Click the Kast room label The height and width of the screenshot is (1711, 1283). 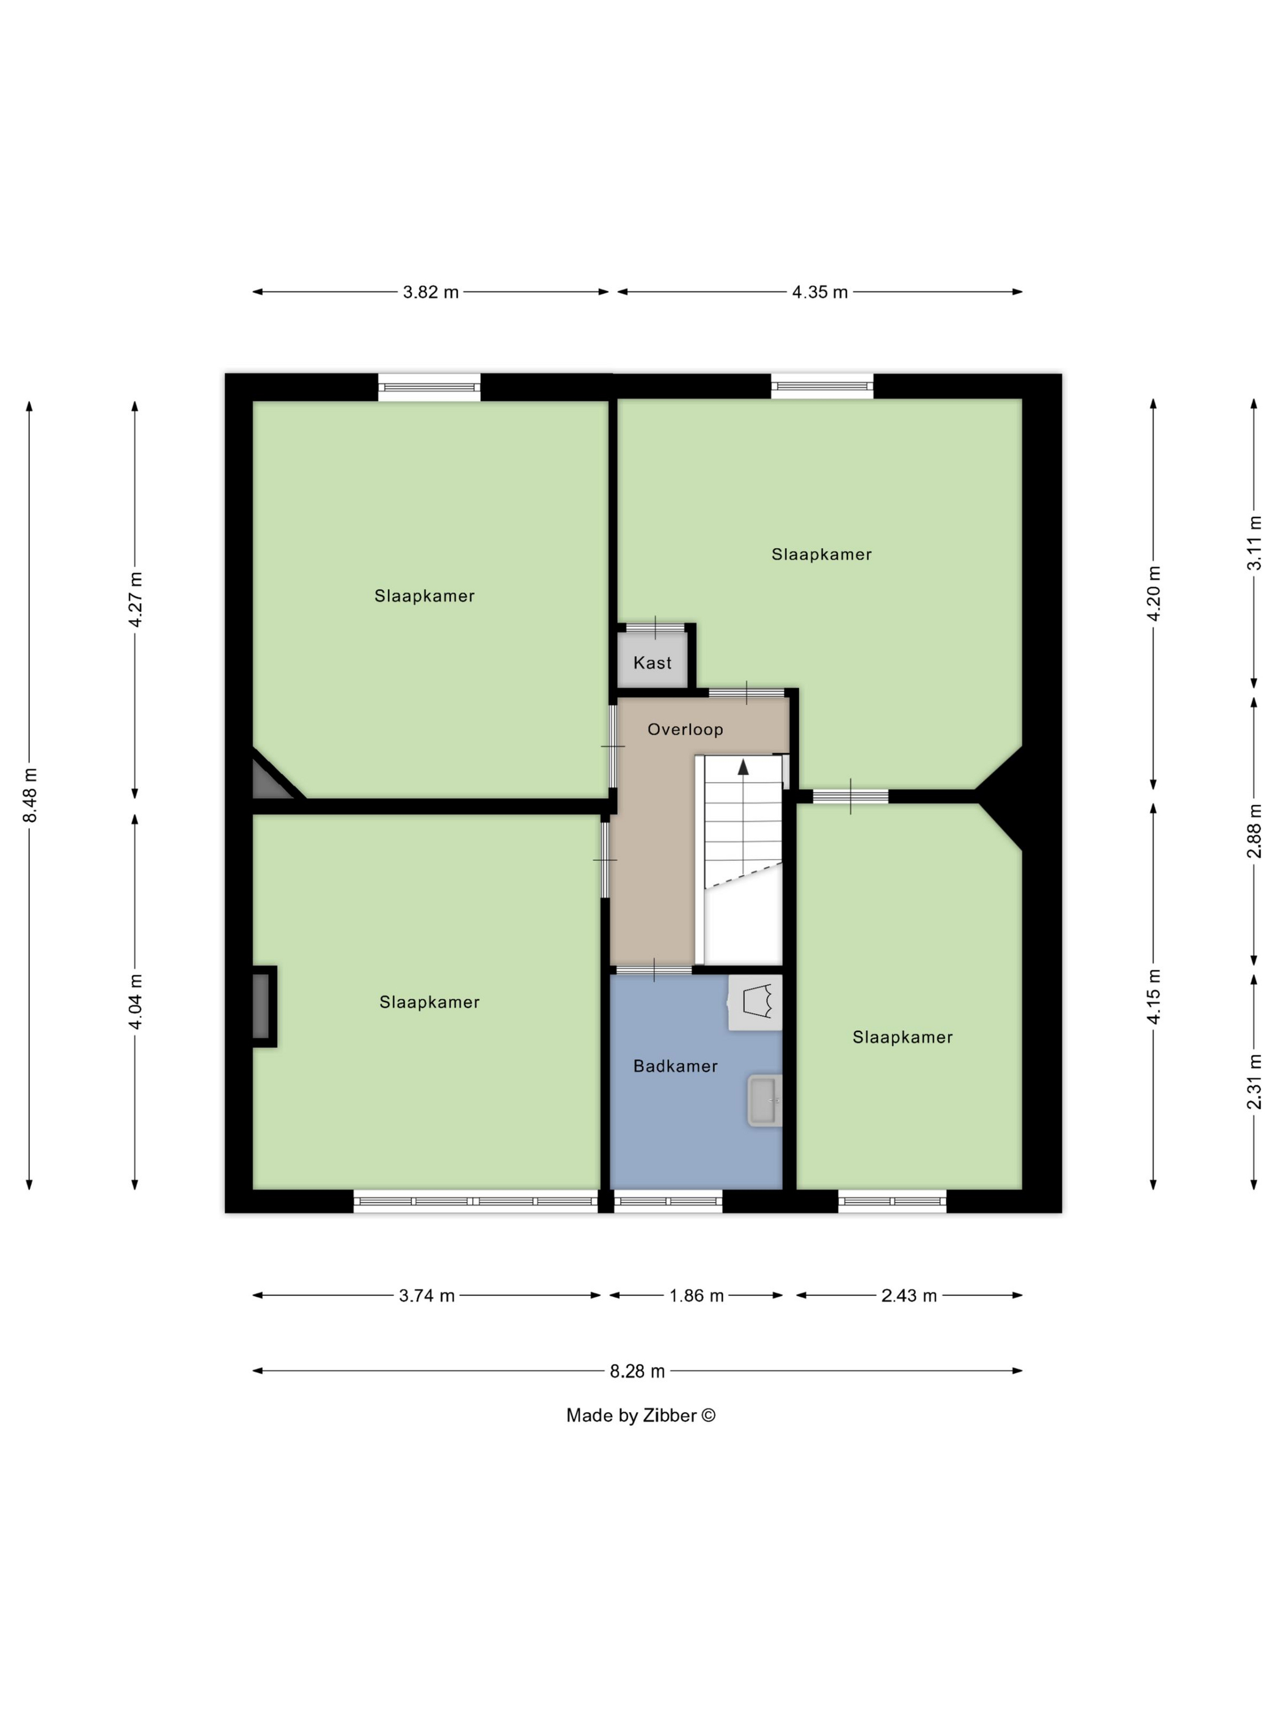(x=652, y=662)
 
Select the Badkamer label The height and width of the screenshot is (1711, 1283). (x=675, y=1066)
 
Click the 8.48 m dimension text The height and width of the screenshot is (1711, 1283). (x=29, y=795)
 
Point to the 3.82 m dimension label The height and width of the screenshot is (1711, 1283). (x=431, y=292)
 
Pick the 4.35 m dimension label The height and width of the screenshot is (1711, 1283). (x=820, y=292)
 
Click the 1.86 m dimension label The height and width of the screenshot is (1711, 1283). (x=696, y=1295)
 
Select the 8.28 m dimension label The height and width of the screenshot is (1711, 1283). (x=637, y=1371)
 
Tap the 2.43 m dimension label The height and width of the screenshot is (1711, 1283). (x=908, y=1295)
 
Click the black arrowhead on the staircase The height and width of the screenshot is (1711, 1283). (x=743, y=766)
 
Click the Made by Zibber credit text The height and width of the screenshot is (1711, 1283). (x=641, y=1415)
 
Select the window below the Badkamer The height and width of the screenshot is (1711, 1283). (x=668, y=1201)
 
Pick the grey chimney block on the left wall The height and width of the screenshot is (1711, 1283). (x=261, y=1006)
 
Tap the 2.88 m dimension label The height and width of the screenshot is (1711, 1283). (x=1254, y=830)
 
